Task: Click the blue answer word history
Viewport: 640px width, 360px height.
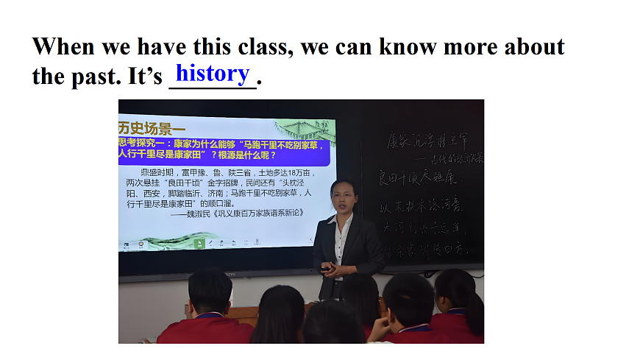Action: [213, 73]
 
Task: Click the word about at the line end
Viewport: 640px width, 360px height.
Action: [534, 47]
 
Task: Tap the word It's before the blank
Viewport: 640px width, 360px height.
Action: [145, 77]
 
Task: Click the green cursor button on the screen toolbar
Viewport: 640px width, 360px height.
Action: [198, 242]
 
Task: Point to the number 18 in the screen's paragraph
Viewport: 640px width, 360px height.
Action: [283, 172]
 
